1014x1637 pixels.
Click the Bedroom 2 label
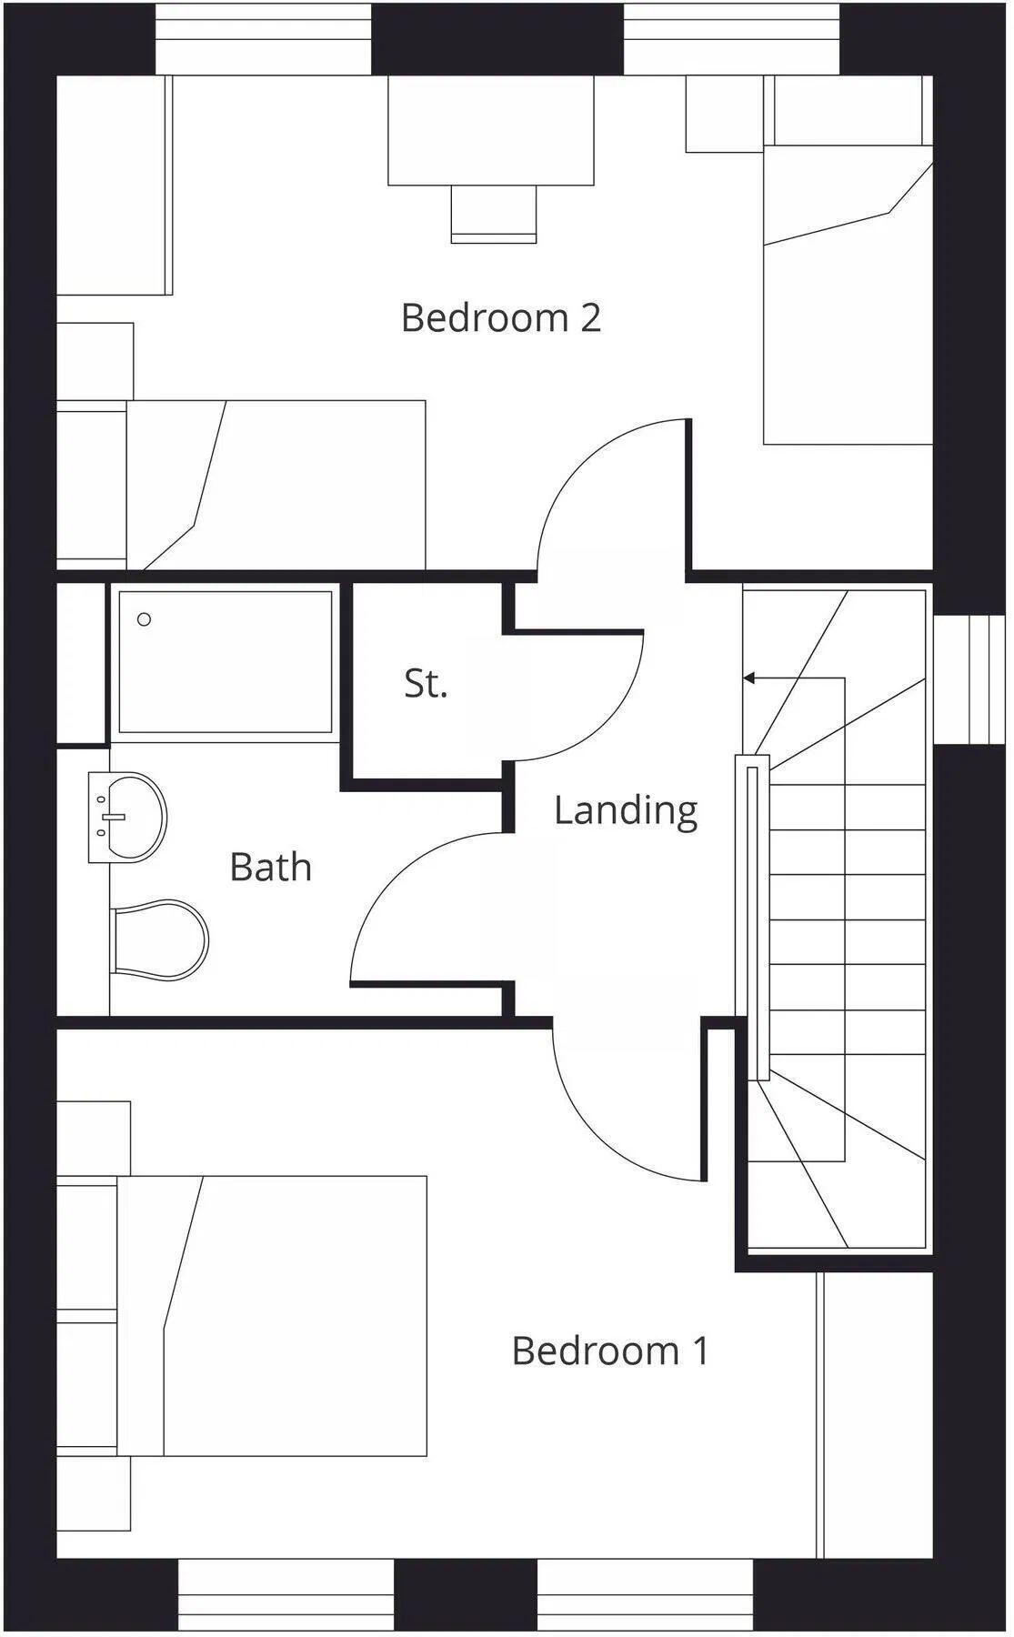(x=501, y=318)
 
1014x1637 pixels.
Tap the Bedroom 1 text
(x=609, y=1351)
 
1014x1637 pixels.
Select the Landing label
(x=626, y=809)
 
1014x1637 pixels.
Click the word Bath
(x=271, y=867)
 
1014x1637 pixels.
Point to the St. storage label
(x=426, y=683)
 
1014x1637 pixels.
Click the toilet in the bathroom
(x=159, y=939)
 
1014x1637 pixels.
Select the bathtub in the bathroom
(x=225, y=661)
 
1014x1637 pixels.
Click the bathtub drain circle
(x=144, y=619)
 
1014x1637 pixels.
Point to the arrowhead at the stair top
(x=748, y=678)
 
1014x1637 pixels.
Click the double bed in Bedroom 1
(x=273, y=1315)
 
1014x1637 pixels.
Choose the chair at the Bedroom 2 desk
(x=494, y=213)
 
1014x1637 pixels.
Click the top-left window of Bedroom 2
(x=264, y=41)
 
